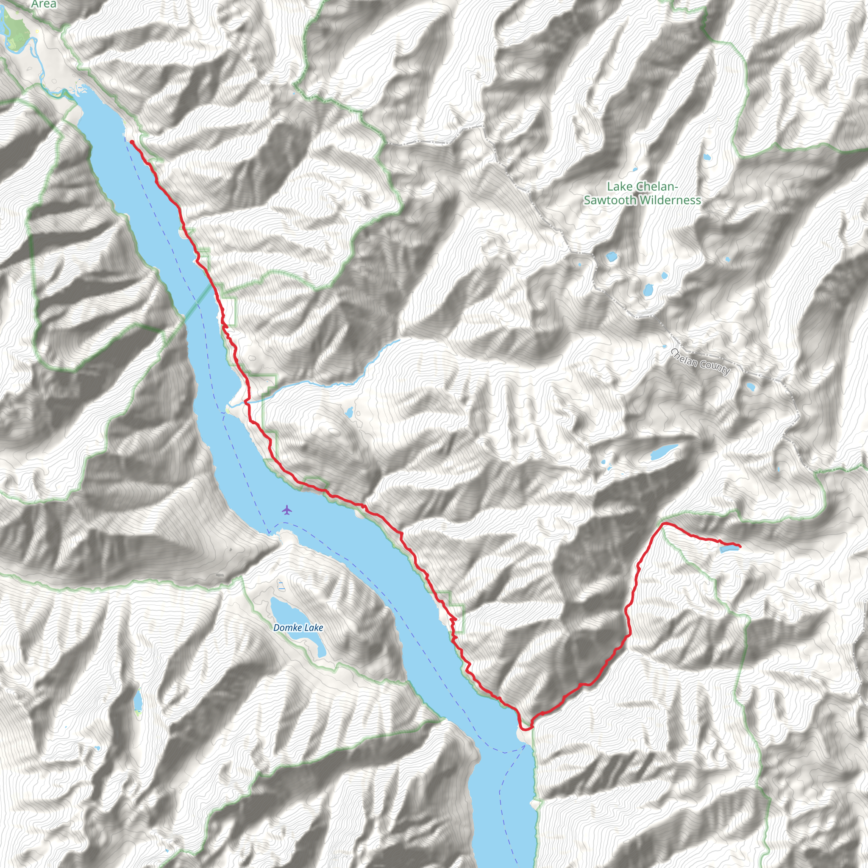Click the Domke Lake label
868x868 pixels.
(298, 628)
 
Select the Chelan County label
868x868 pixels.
(700, 361)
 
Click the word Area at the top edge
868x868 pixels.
(44, 4)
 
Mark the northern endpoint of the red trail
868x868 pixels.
(132, 142)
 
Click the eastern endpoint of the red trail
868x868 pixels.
(740, 546)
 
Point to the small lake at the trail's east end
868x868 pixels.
(728, 549)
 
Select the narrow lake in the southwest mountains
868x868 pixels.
(138, 701)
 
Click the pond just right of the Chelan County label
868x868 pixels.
(750, 387)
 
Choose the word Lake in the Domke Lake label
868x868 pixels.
(313, 628)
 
